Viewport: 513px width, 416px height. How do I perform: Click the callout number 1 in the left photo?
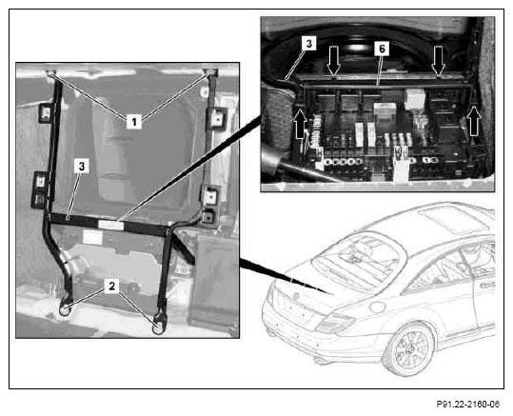point(134,122)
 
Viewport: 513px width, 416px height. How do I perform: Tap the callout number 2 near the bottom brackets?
point(112,286)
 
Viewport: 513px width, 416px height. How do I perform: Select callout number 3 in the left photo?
point(82,166)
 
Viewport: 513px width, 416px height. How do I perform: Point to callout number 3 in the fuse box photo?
point(309,43)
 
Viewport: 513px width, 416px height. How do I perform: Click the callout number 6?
point(382,49)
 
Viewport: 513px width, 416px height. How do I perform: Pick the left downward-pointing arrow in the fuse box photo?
point(334,61)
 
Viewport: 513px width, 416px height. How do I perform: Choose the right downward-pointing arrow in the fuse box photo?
point(438,61)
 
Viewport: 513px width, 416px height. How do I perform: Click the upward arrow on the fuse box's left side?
point(302,124)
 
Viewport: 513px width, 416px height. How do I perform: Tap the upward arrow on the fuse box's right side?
point(474,121)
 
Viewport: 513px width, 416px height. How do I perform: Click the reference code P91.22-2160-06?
point(468,404)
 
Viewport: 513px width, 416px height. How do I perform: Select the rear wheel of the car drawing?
point(409,350)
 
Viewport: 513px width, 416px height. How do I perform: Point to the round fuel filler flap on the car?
point(378,307)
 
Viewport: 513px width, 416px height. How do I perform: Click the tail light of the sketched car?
point(335,322)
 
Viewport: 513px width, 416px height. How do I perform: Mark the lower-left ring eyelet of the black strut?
point(65,308)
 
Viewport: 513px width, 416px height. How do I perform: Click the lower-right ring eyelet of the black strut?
point(159,327)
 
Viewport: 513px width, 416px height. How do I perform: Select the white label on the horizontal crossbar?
point(111,226)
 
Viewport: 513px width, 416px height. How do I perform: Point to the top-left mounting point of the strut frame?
point(51,73)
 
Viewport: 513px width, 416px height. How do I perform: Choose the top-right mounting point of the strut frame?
point(210,73)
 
